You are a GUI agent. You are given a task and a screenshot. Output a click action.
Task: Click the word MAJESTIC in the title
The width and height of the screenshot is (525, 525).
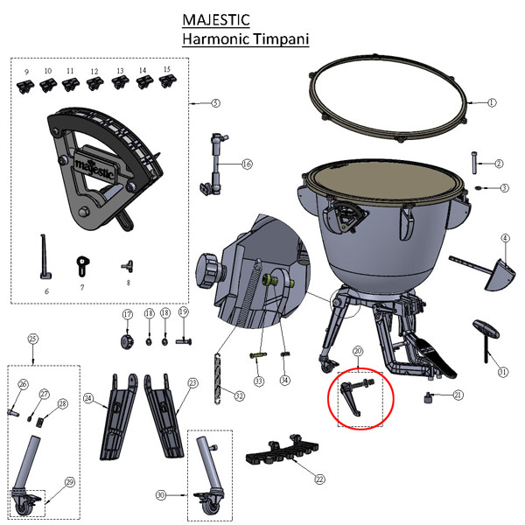(x=216, y=20)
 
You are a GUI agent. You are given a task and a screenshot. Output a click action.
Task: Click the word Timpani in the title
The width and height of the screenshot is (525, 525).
(x=281, y=39)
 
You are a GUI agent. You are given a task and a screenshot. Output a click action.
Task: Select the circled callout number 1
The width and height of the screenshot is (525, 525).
(x=491, y=102)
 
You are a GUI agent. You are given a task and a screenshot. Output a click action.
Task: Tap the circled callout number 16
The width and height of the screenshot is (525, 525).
(x=247, y=164)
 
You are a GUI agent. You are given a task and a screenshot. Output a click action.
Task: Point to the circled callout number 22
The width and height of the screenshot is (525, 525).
(x=319, y=479)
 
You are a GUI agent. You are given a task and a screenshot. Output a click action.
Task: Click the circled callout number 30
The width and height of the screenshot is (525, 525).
(x=161, y=495)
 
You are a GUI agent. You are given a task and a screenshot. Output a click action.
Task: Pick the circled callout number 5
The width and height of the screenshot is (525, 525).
(x=216, y=102)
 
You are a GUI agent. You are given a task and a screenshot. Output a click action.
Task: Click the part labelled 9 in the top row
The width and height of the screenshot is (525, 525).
(x=25, y=87)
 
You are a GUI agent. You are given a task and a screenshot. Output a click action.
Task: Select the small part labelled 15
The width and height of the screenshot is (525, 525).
(x=167, y=81)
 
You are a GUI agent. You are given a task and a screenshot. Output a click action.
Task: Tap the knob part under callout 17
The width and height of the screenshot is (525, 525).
(x=127, y=341)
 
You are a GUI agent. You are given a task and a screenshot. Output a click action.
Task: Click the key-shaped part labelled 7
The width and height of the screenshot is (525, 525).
(x=82, y=266)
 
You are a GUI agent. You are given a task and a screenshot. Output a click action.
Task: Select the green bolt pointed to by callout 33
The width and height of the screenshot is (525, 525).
(x=258, y=355)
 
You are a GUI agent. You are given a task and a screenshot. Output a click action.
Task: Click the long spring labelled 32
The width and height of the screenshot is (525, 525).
(x=218, y=378)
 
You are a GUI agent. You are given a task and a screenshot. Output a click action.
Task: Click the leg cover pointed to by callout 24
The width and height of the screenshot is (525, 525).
(x=118, y=416)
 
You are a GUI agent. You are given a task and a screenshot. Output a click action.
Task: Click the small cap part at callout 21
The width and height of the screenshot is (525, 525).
(x=427, y=398)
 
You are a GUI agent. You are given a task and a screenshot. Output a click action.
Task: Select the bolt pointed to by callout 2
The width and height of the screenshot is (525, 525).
(x=474, y=163)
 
